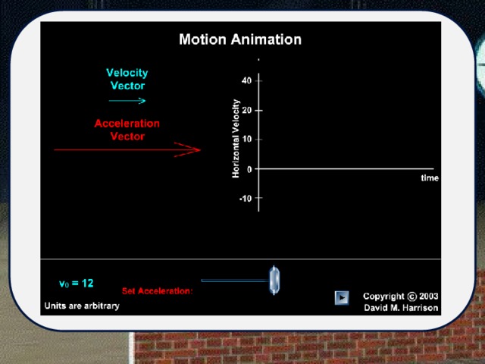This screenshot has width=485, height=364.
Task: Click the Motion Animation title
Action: [x=240, y=39]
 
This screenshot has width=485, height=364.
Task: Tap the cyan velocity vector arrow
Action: [x=127, y=101]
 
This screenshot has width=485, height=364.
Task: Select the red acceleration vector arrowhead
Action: [x=187, y=150]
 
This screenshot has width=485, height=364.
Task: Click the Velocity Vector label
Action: [x=127, y=79]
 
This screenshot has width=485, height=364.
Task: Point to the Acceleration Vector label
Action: [x=127, y=130]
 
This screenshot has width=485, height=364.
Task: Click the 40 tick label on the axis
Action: [x=246, y=81]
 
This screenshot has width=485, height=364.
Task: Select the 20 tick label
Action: [x=246, y=110]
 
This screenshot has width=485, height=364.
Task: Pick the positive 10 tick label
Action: [x=247, y=140]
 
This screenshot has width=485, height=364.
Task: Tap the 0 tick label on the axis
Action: [x=249, y=169]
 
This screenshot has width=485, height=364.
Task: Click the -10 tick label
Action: [x=246, y=199]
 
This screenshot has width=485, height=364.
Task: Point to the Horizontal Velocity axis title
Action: [x=236, y=139]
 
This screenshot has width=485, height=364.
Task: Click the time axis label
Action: [x=430, y=178]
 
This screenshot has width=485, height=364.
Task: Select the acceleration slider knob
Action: [x=274, y=281]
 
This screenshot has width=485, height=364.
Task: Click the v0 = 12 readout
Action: [x=76, y=284]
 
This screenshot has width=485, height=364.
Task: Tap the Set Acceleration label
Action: [x=157, y=291]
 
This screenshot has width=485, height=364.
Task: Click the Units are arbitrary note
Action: [x=82, y=306]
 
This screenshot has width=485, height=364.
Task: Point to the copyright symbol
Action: [x=411, y=297]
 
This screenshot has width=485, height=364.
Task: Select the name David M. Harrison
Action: [x=401, y=308]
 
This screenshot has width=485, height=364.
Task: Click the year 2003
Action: [x=428, y=297]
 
